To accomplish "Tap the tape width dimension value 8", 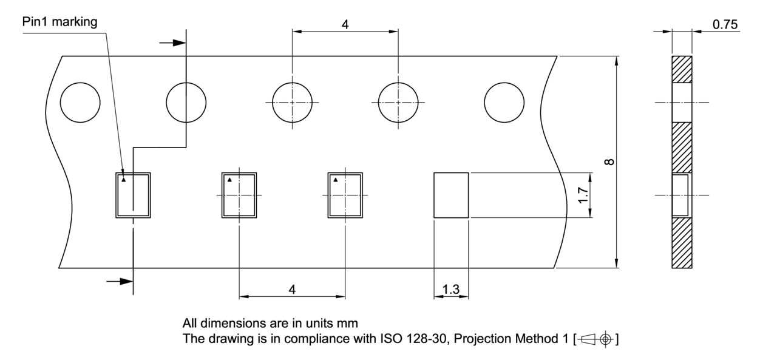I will pos(609,161).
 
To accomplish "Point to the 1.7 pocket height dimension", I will pos(582,195).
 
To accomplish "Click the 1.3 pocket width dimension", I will pos(450,290).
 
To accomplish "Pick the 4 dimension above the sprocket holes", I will pos(345,25).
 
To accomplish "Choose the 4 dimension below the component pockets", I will pos(292,290).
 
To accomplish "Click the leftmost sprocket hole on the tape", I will pos(80,102).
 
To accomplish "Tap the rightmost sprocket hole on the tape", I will pos(504,102).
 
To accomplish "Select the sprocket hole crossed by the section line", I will pos(186,102).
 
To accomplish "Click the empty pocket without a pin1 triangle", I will pos(450,195).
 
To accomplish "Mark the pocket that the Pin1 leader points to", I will pos(133,195).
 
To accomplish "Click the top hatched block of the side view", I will pos(681,69).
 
